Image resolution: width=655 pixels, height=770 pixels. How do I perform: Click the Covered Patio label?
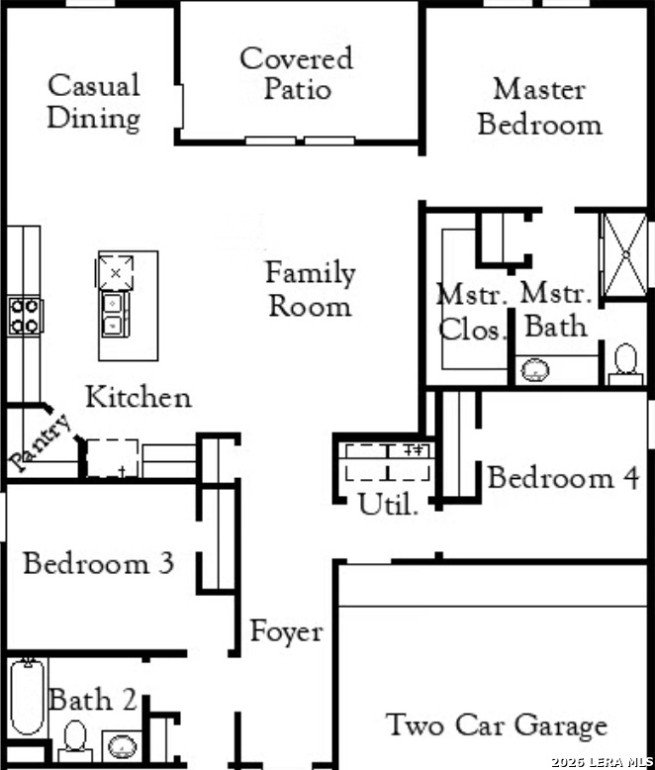[x=297, y=73]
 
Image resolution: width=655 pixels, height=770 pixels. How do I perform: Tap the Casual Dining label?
[x=94, y=102]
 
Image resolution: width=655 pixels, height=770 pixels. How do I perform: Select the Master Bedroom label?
[x=539, y=107]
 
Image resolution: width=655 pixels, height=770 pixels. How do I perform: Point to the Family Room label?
[x=311, y=289]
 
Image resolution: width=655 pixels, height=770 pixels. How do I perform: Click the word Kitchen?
[x=139, y=397]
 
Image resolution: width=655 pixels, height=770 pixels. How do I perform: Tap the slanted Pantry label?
[x=41, y=443]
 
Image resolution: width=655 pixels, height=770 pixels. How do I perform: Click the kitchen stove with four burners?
[x=25, y=317]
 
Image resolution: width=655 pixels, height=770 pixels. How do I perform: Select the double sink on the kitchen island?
[x=114, y=315]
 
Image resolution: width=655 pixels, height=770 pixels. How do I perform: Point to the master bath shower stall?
[x=625, y=255]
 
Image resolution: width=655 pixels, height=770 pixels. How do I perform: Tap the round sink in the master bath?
[x=534, y=370]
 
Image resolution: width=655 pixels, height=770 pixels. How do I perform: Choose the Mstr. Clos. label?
[x=472, y=313]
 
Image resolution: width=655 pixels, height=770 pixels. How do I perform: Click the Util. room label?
[x=388, y=504]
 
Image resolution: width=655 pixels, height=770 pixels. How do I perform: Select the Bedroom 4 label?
[x=563, y=477]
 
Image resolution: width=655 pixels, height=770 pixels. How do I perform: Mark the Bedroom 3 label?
[x=98, y=563]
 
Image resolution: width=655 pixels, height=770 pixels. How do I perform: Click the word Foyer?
[x=287, y=631]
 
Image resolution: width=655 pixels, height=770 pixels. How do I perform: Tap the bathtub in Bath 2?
[x=28, y=697]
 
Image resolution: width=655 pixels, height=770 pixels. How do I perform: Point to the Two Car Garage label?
[x=497, y=725]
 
